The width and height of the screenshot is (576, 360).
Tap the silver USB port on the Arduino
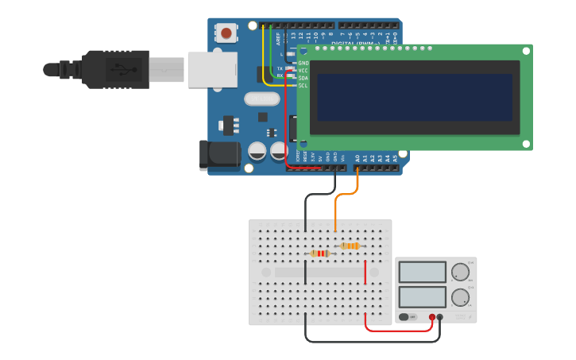click(212, 69)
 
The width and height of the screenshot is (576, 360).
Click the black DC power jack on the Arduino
click(219, 154)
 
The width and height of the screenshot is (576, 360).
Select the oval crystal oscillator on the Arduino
click(261, 99)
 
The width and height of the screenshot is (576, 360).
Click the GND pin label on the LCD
click(303, 63)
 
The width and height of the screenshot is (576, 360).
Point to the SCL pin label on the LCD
click(303, 85)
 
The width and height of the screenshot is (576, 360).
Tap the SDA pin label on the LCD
click(303, 78)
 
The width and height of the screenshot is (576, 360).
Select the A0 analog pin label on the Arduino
click(358, 158)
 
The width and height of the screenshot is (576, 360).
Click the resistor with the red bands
click(319, 254)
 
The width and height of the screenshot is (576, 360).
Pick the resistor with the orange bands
click(350, 246)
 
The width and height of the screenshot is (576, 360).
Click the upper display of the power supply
click(423, 272)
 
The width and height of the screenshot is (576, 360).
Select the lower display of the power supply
click(423, 297)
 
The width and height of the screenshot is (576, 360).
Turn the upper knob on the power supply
click(460, 272)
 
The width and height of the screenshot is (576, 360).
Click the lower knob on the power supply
click(460, 298)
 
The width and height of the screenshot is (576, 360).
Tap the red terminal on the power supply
click(432, 317)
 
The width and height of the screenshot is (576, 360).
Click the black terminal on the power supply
click(440, 317)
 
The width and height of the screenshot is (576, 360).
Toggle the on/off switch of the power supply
click(404, 317)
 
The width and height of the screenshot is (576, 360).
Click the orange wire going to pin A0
click(337, 211)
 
